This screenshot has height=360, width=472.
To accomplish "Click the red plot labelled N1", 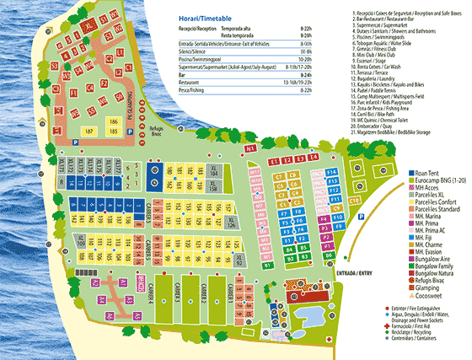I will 250,148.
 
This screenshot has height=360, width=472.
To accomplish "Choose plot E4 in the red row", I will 314,157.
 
